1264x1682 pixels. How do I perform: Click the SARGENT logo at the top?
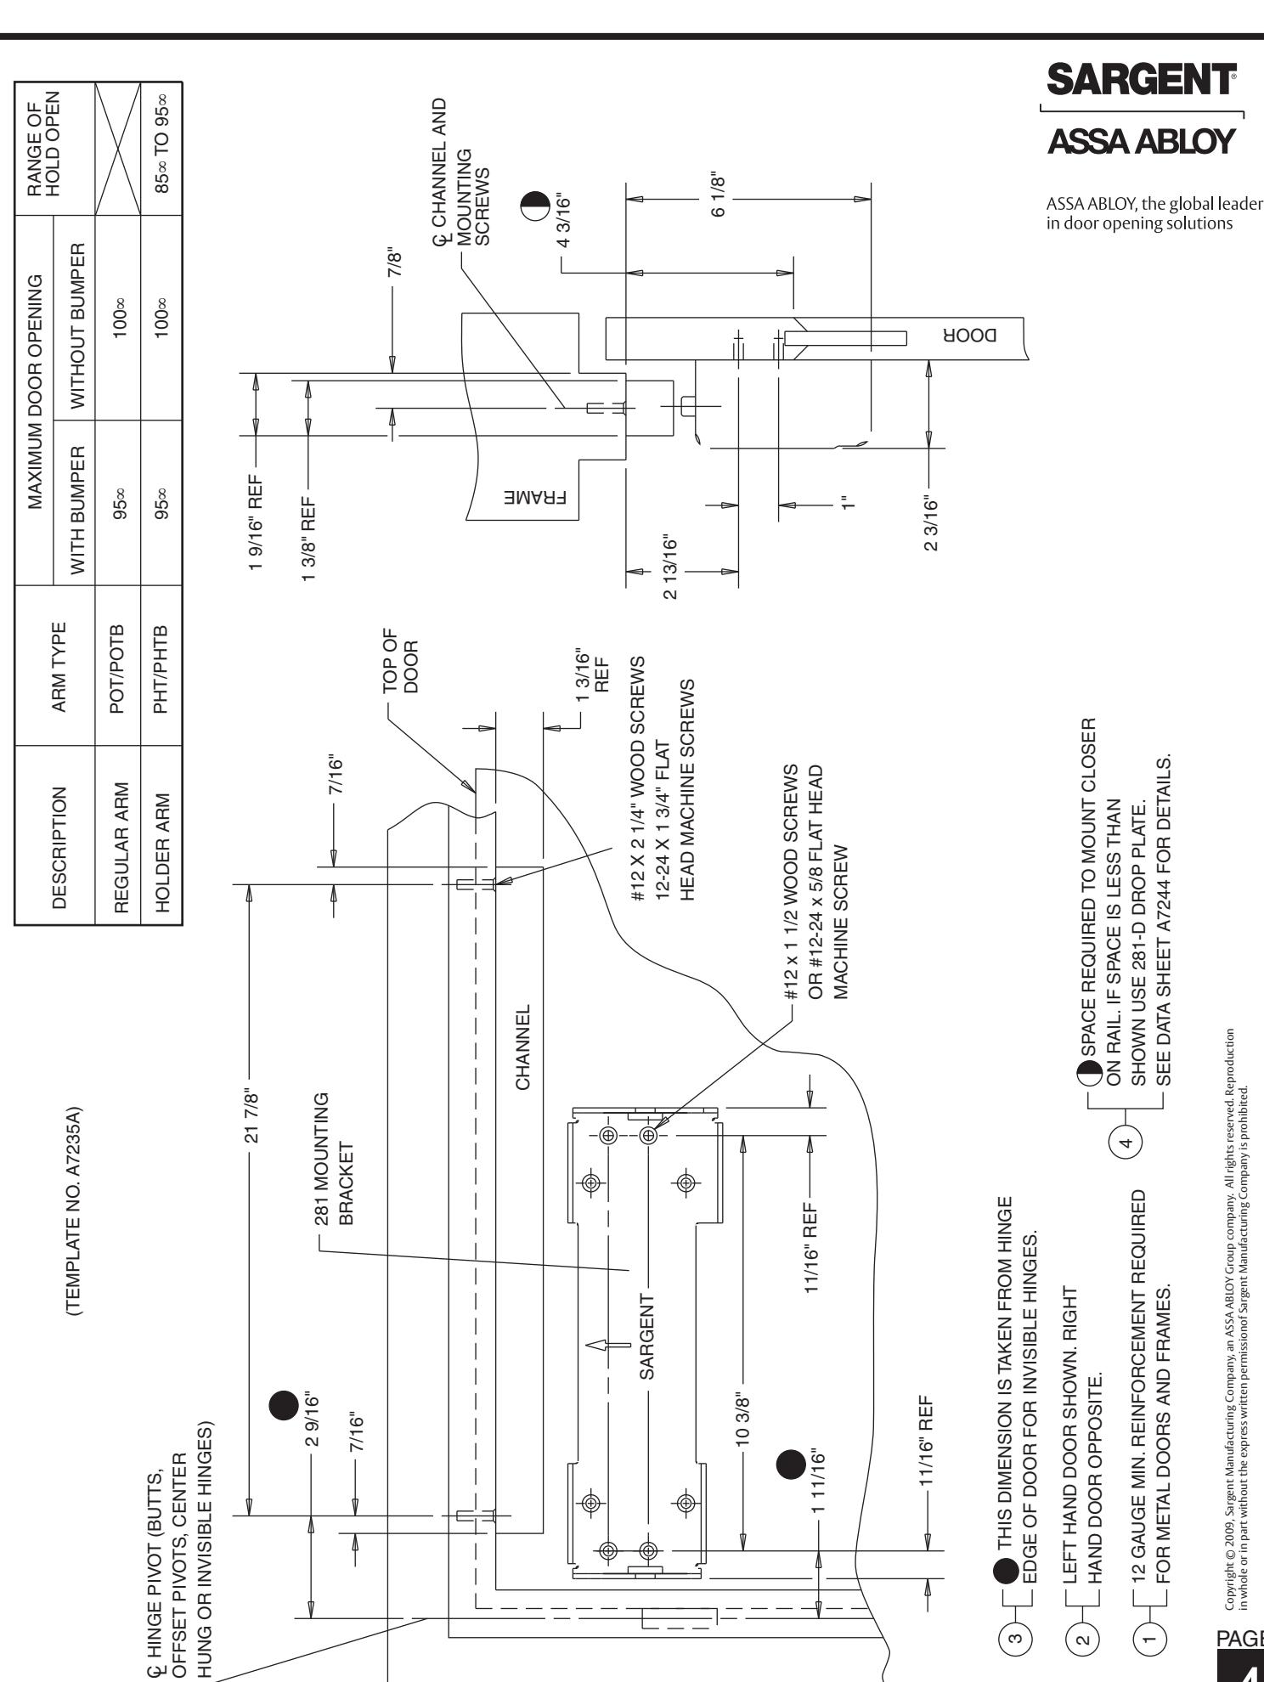click(1143, 82)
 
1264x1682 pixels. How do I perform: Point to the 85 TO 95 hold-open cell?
click(162, 150)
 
